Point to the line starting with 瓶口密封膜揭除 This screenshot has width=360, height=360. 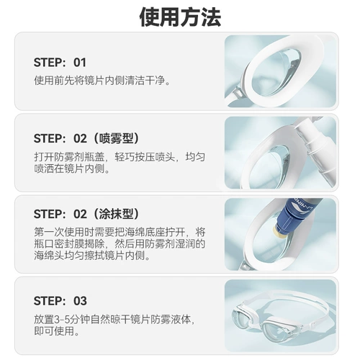pos(120,245)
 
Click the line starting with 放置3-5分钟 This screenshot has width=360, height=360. pos(114,318)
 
